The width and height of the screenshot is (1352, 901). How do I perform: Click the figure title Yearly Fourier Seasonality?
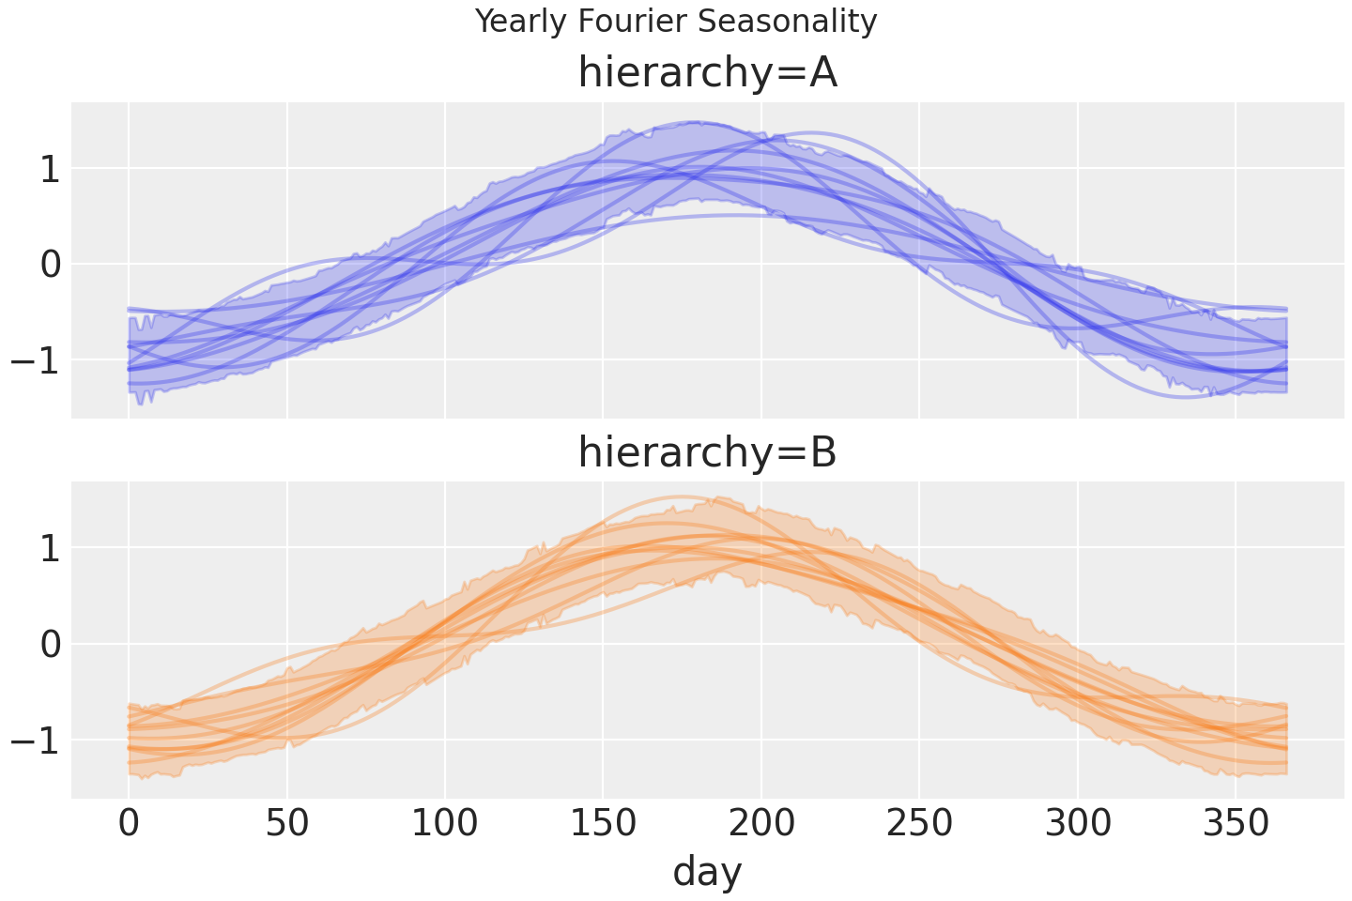(x=676, y=21)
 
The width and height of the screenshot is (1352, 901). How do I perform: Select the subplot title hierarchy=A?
(x=707, y=73)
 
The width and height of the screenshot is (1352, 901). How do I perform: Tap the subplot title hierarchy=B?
(x=707, y=452)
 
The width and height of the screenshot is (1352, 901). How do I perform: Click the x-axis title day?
(x=707, y=872)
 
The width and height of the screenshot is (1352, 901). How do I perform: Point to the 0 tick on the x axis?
(x=129, y=824)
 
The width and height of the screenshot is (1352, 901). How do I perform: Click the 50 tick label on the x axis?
(x=287, y=824)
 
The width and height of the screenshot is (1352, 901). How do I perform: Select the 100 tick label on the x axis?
(x=445, y=824)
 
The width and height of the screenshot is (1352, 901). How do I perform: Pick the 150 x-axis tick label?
(x=603, y=824)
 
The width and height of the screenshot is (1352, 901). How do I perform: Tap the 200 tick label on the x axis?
(x=761, y=824)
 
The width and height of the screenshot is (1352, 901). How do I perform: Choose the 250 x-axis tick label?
(x=919, y=824)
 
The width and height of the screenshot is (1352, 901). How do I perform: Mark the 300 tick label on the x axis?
(x=1078, y=824)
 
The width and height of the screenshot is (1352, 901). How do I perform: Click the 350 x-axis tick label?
(x=1236, y=824)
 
